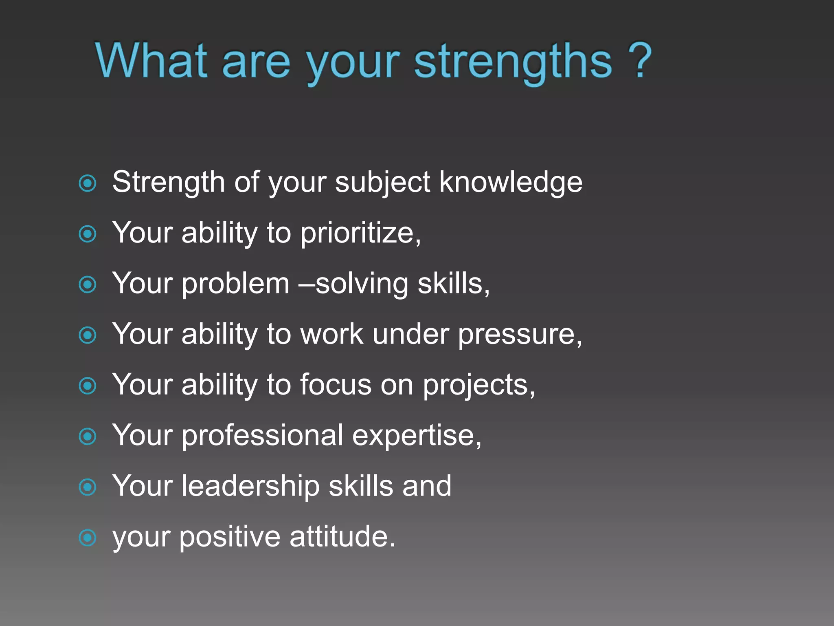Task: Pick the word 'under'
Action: (x=410, y=334)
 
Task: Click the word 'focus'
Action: (x=336, y=384)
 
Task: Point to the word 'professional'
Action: (x=262, y=435)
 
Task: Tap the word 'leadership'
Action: (x=250, y=486)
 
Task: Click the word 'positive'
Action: (x=230, y=537)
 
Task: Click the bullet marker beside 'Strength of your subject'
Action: (x=88, y=183)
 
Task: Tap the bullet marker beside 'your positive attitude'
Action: (x=88, y=538)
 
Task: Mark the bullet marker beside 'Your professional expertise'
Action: (x=88, y=436)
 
